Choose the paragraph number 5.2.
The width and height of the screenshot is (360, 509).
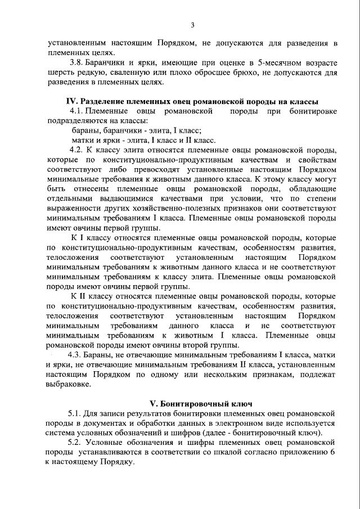(75, 443)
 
